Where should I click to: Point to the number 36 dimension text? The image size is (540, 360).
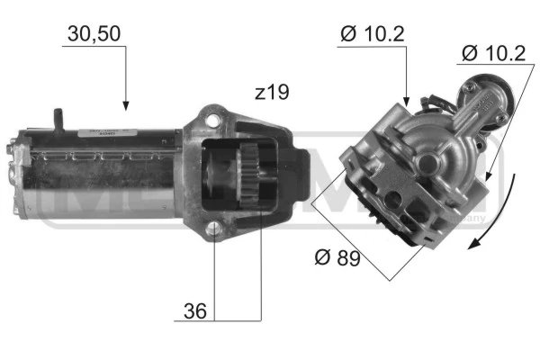tap(195, 311)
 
